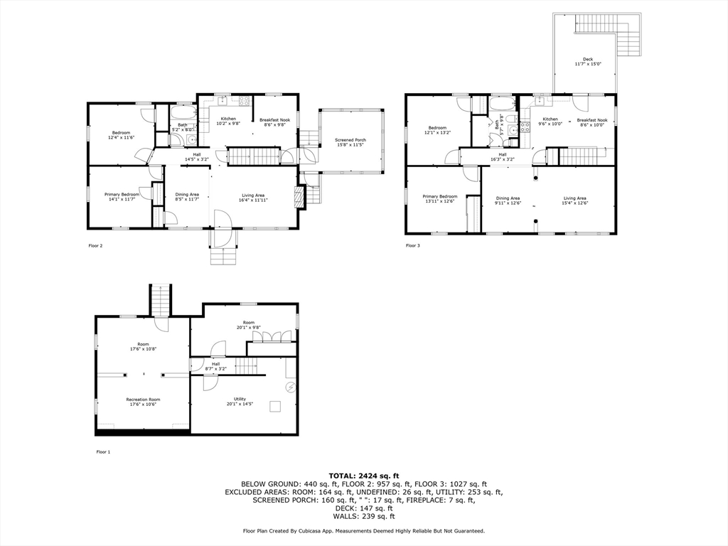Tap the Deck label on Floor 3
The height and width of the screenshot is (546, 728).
(x=588, y=61)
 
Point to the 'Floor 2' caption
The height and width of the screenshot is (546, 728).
(x=95, y=246)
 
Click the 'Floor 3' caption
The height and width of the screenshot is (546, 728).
(x=413, y=246)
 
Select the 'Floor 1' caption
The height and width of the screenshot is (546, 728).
(x=103, y=451)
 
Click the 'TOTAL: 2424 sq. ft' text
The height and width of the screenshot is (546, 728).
(x=364, y=475)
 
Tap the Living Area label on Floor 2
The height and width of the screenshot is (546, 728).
(x=253, y=198)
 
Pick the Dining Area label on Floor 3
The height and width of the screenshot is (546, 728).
(x=508, y=200)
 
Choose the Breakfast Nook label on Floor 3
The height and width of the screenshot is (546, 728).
(x=591, y=122)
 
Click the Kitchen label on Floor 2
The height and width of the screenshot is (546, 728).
(x=228, y=121)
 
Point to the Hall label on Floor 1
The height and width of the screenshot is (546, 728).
(x=215, y=366)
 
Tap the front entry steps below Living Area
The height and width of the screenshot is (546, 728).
(x=223, y=255)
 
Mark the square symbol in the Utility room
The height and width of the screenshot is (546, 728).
(x=274, y=406)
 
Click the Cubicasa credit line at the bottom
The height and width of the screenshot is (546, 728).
(x=364, y=530)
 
